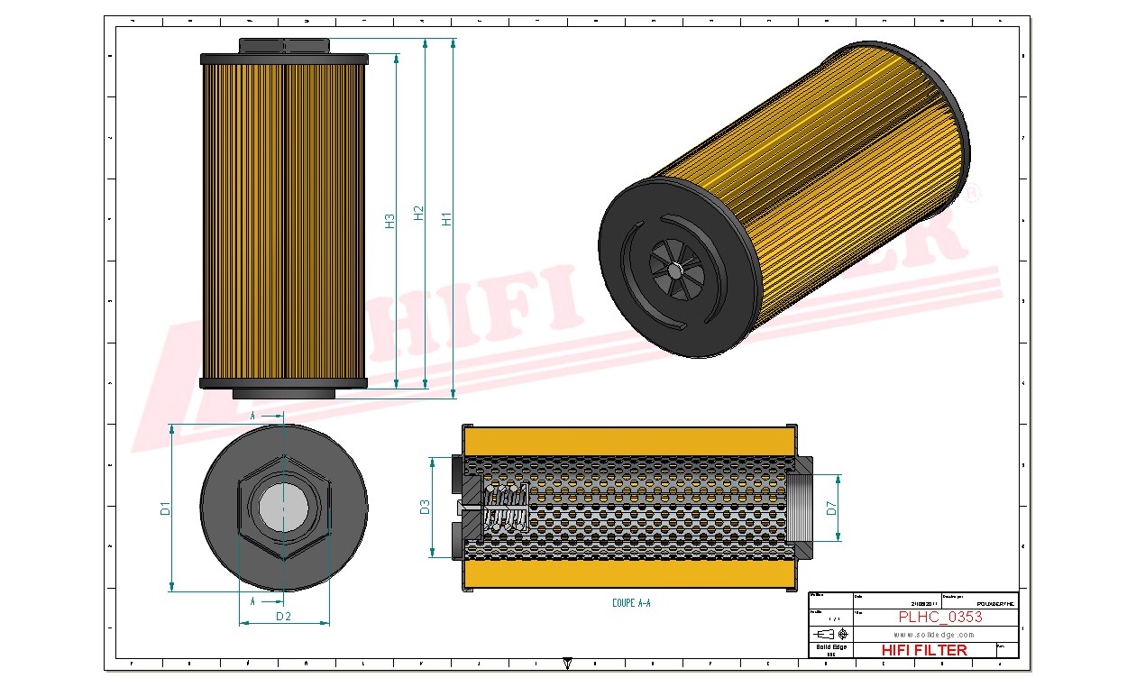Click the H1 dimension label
445,218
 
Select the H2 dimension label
417,213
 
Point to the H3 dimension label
389,220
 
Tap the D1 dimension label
165,508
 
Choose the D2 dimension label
283,617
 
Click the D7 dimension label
831,508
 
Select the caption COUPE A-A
630,603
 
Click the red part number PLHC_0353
940,617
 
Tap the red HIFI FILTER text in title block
923,650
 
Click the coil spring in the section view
505,508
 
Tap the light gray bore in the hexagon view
283,508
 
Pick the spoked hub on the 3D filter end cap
677,270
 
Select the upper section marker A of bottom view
253,415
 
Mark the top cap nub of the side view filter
284,46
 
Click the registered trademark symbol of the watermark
973,193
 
